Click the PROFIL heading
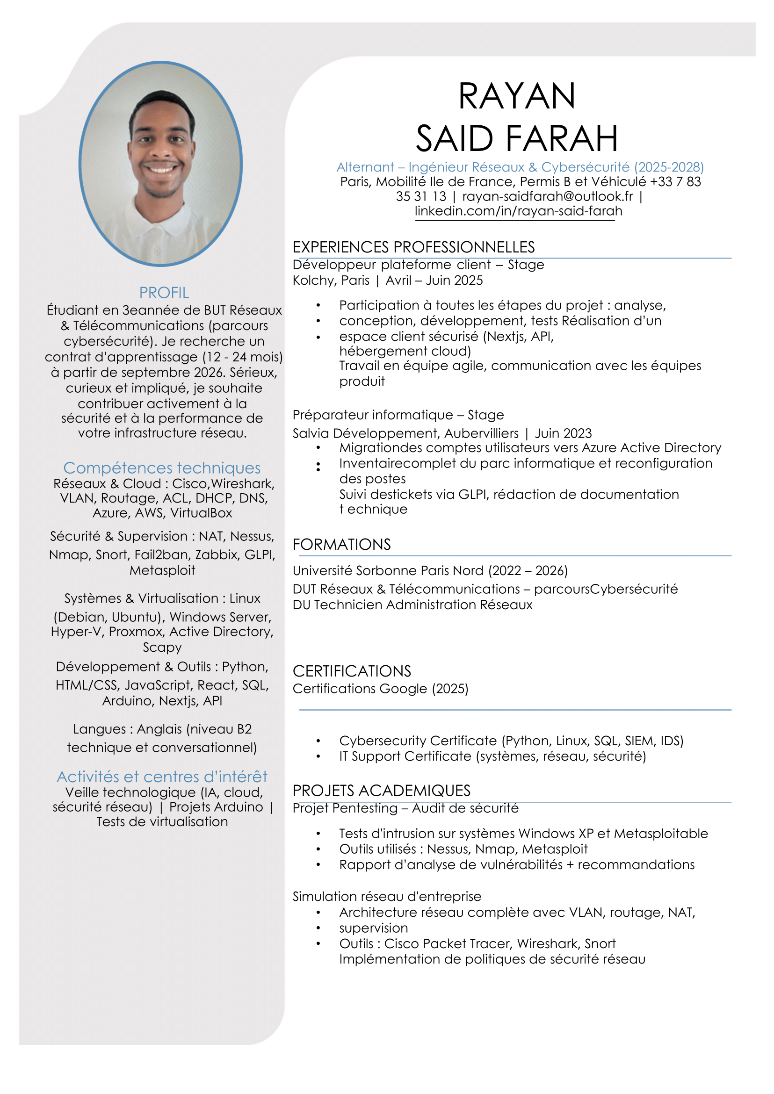click(x=164, y=293)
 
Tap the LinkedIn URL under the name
click(x=518, y=211)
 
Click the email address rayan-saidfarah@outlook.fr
click(x=548, y=196)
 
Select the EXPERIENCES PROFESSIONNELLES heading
click(x=413, y=247)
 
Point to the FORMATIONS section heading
click(x=341, y=544)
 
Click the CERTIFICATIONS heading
click(x=352, y=671)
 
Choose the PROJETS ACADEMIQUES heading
click(x=381, y=791)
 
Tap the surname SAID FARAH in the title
click(x=517, y=139)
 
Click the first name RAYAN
click(x=517, y=96)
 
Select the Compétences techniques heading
click(x=162, y=468)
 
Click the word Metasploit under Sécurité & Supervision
click(x=162, y=570)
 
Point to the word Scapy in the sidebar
click(x=162, y=647)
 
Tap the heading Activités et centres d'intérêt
click(x=162, y=777)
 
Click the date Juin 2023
click(x=563, y=433)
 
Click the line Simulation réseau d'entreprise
click(x=386, y=896)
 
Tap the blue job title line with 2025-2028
click(x=520, y=167)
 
